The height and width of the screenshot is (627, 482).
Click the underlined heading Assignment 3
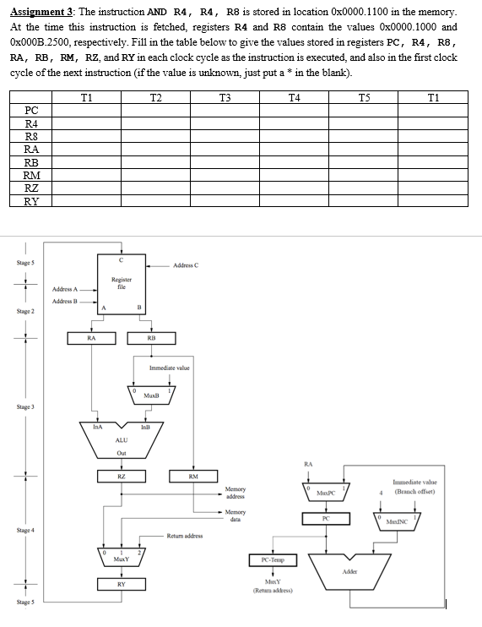41,12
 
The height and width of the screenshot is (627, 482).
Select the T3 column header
225,97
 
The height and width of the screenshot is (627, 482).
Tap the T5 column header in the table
364,97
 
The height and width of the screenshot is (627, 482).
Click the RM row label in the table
31,175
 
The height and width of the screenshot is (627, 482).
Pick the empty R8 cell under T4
295,136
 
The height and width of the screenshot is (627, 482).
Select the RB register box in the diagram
151,338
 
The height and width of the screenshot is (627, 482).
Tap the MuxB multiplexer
151,395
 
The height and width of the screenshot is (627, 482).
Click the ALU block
122,440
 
